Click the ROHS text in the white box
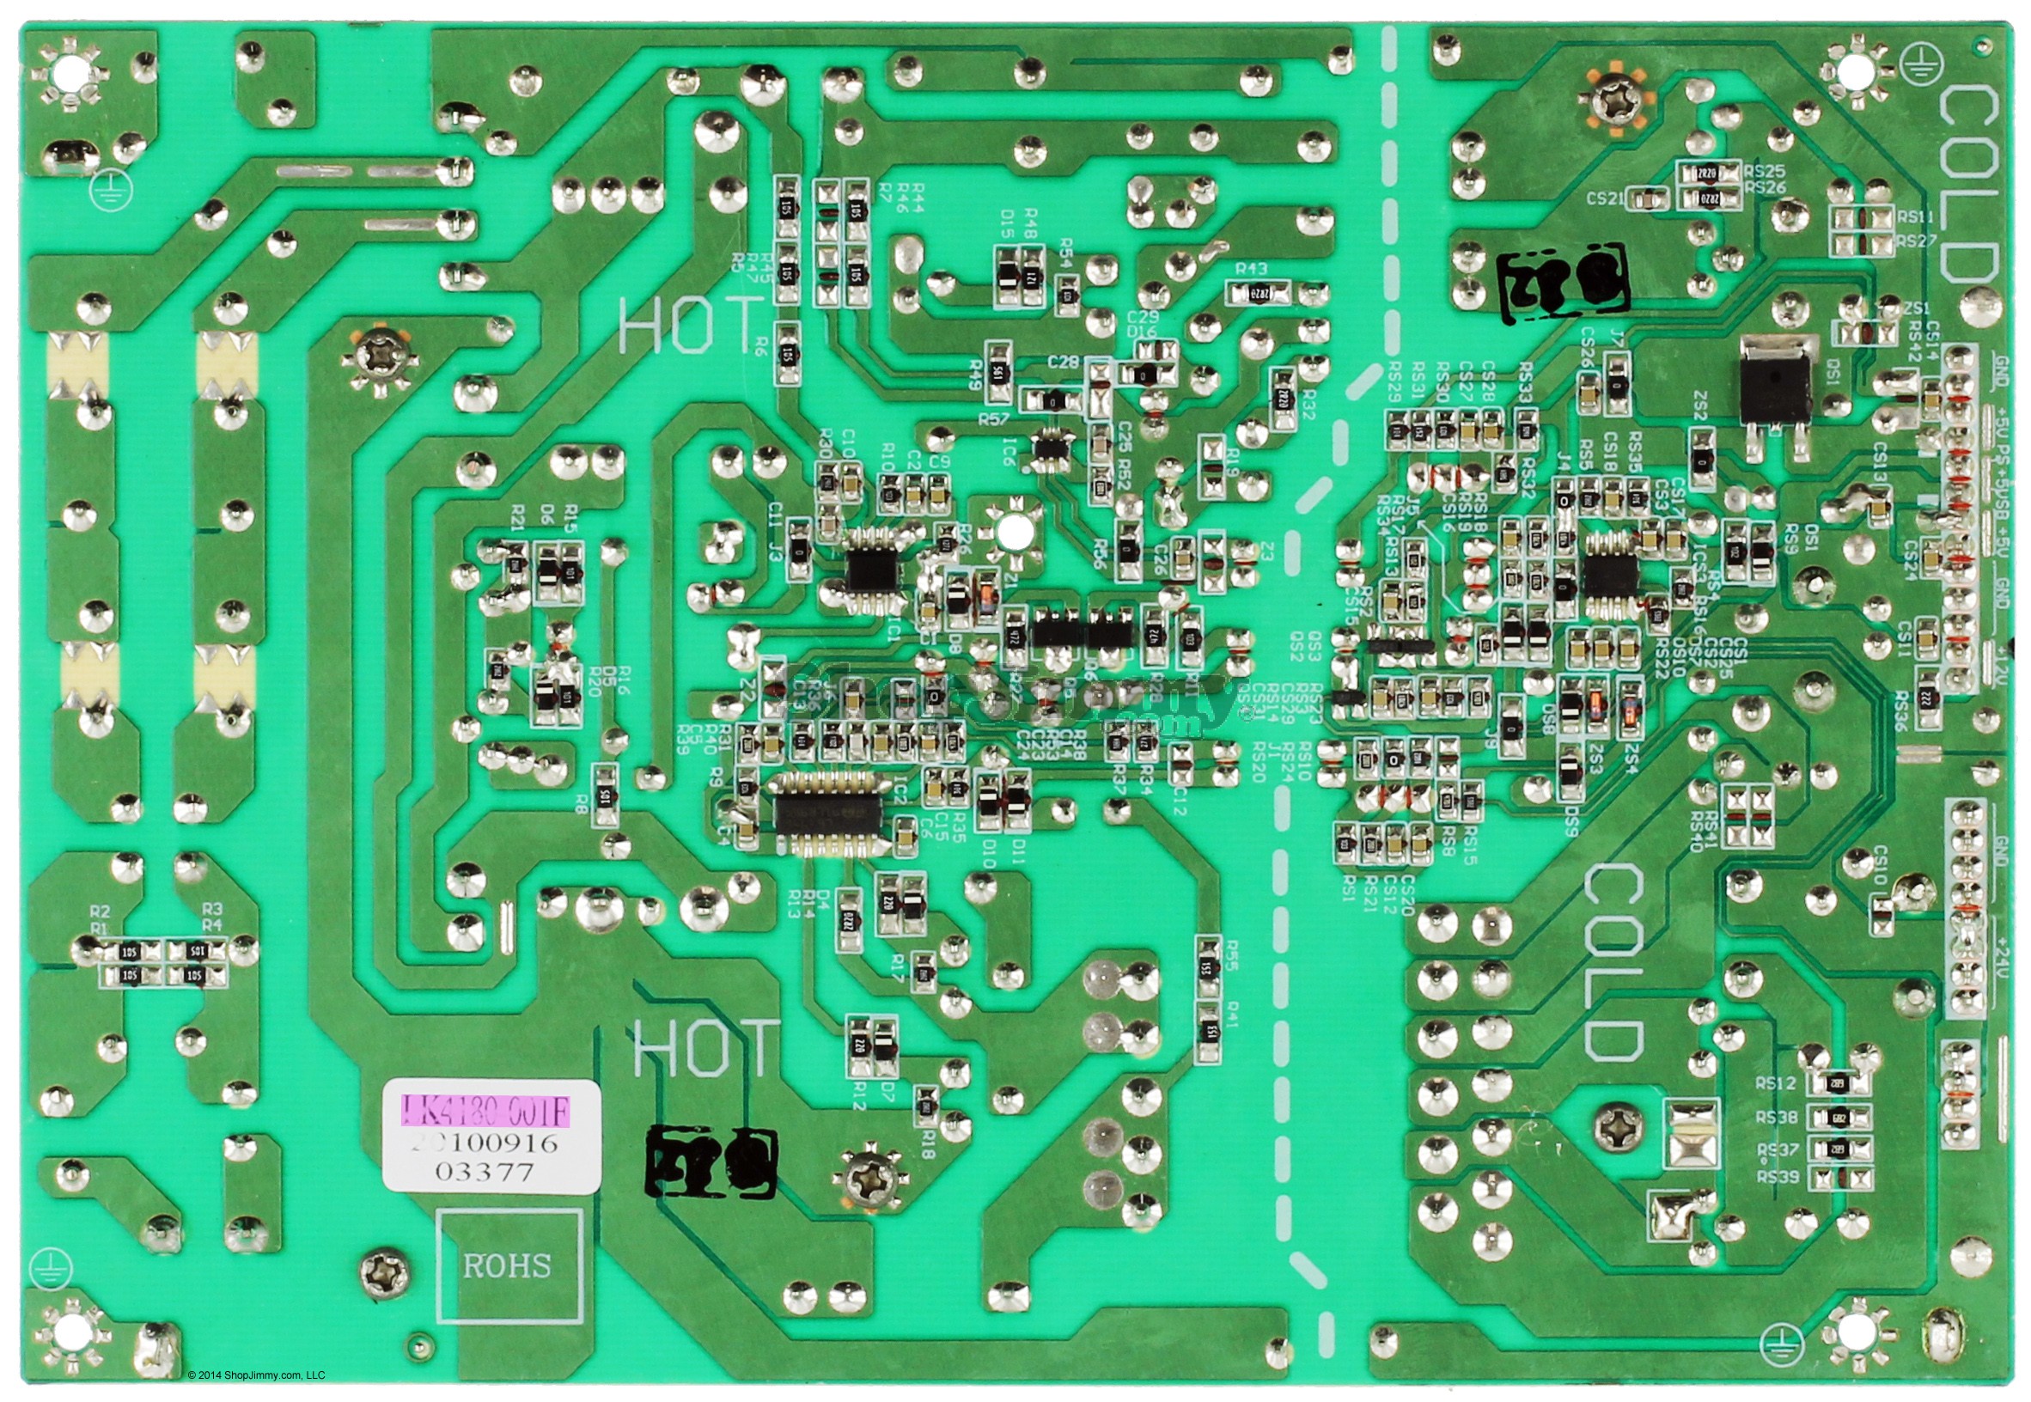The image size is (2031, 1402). (507, 1266)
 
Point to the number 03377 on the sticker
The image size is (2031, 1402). (485, 1173)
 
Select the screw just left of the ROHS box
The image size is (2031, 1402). (383, 1270)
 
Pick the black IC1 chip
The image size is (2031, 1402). (872, 570)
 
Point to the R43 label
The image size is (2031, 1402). (1250, 268)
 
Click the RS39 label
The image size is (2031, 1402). (1776, 1177)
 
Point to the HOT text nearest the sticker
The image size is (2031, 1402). (705, 1049)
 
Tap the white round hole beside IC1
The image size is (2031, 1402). (1014, 531)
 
